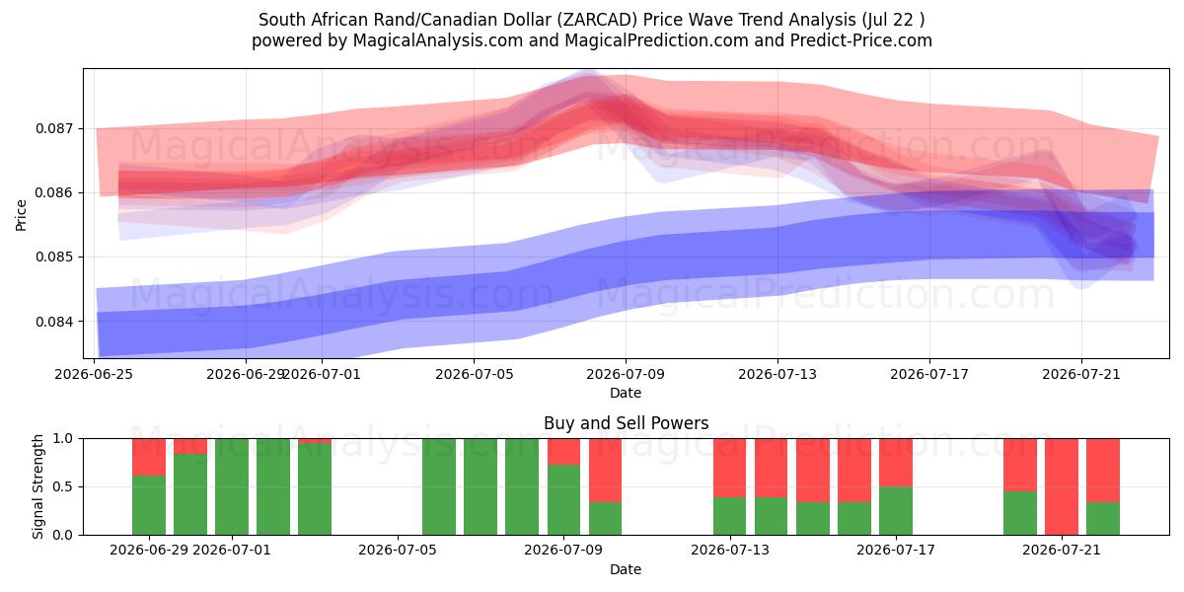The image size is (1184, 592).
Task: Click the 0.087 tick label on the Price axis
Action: point(55,128)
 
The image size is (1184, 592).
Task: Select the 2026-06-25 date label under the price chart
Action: point(94,374)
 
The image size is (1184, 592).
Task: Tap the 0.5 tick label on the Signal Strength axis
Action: point(63,486)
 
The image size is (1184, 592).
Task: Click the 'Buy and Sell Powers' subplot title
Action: point(626,423)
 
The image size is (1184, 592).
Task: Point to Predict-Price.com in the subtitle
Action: point(861,40)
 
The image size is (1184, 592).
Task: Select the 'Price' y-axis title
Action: point(21,215)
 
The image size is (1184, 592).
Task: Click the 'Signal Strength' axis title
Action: point(37,486)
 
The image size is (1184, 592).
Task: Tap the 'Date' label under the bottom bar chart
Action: point(626,569)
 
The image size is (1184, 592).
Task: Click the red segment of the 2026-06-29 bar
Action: point(149,457)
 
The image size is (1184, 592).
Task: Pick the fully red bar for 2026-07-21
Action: point(1062,486)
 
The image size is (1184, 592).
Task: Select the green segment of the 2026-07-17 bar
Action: point(896,511)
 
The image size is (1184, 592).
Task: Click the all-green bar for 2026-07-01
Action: point(232,486)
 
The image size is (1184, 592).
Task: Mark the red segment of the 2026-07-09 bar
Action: point(563,452)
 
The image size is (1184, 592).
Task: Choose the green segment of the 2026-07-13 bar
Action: point(729,516)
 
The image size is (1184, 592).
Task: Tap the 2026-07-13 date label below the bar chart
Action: point(730,551)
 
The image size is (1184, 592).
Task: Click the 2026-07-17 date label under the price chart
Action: point(929,374)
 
